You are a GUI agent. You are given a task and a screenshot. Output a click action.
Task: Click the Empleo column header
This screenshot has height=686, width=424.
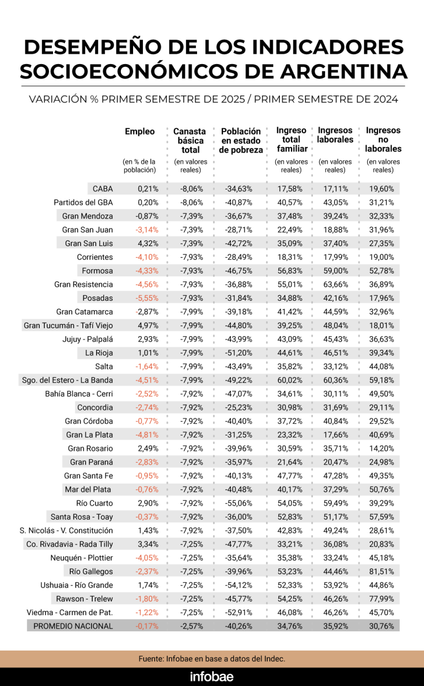(x=140, y=132)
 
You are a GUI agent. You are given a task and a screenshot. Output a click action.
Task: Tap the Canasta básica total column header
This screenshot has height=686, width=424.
(x=189, y=140)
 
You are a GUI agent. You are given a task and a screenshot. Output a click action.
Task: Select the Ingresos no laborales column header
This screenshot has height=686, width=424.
(x=383, y=140)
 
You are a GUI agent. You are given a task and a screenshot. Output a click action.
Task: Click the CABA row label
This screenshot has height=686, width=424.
(x=103, y=188)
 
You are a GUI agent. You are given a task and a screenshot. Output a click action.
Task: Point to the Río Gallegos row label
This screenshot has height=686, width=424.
(x=91, y=572)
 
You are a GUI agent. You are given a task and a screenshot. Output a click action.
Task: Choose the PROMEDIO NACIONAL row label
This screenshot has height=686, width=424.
(x=73, y=626)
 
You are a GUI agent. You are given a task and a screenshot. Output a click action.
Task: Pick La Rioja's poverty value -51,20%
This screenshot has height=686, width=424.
(x=239, y=353)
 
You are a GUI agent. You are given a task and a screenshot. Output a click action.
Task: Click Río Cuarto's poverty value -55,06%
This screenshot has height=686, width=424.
(x=239, y=503)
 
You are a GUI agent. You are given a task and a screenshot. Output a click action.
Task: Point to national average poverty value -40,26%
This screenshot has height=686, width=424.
(x=239, y=626)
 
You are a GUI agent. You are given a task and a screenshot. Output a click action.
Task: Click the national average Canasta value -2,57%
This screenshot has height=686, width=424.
(x=192, y=626)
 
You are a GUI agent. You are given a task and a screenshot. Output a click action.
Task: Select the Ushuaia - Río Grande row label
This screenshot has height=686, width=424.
(x=76, y=585)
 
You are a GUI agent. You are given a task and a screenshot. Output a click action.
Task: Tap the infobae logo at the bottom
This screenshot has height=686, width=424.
(x=211, y=677)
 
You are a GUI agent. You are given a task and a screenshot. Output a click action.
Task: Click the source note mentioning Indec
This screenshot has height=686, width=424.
(x=211, y=658)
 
